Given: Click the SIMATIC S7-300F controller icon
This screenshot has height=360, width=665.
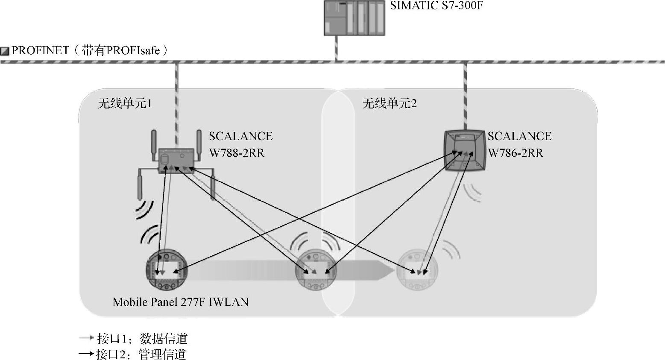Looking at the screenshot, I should pyautogui.click(x=354, y=18).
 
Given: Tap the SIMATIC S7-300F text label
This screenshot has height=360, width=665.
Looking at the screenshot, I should pyautogui.click(x=436, y=6).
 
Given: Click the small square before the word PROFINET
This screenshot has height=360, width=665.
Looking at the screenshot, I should pyautogui.click(x=5, y=51).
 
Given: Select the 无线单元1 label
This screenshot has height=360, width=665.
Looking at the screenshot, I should pyautogui.click(x=125, y=103).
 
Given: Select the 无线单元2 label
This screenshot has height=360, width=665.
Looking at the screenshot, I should pyautogui.click(x=389, y=103).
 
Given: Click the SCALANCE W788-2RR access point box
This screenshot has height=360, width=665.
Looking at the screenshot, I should pyautogui.click(x=176, y=161).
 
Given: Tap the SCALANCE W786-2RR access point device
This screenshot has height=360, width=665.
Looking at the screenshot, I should pyautogui.click(x=465, y=150).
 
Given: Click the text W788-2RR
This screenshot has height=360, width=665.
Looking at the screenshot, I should pyautogui.click(x=236, y=153).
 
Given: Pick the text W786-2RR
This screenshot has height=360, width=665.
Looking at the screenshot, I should pyautogui.click(x=515, y=153).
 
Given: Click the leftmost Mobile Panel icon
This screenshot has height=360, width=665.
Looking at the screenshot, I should pyautogui.click(x=166, y=270).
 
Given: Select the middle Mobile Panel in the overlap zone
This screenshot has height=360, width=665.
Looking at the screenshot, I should pyautogui.click(x=316, y=270).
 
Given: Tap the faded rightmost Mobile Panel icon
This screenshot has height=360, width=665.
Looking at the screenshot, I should pyautogui.click(x=417, y=270).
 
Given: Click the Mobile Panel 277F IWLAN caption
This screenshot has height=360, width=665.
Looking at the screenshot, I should pyautogui.click(x=181, y=302).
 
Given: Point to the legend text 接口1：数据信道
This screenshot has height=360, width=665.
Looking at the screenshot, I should pyautogui.click(x=142, y=339).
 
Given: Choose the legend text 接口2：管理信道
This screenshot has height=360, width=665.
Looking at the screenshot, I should pyautogui.click(x=141, y=354).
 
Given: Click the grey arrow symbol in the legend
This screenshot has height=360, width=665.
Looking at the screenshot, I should pyautogui.click(x=86, y=338).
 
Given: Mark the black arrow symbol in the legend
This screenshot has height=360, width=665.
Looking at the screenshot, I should pyautogui.click(x=86, y=354).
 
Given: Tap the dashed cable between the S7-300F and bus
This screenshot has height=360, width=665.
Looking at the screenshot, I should pyautogui.click(x=337, y=48).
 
